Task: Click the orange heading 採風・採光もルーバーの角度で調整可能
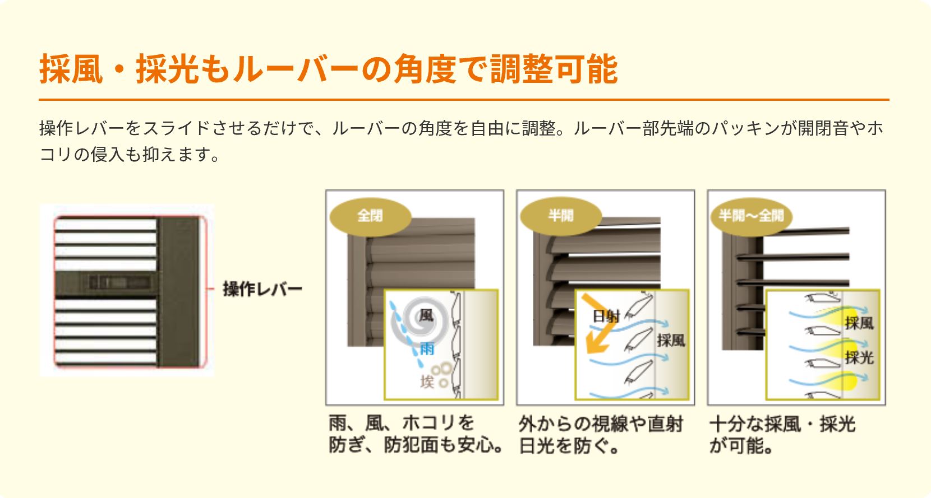pyautogui.click(x=328, y=69)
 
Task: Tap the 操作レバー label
pyautogui.click(x=262, y=289)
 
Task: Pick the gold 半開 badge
pyautogui.click(x=561, y=216)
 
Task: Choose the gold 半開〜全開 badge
pyautogui.click(x=752, y=216)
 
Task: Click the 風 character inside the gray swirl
pyautogui.click(x=426, y=315)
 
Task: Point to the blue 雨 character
pyautogui.click(x=427, y=348)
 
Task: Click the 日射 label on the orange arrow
pyautogui.click(x=606, y=317)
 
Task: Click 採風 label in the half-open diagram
pyautogui.click(x=671, y=341)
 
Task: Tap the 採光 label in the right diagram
pyautogui.click(x=859, y=357)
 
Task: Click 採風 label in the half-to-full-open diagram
pyautogui.click(x=859, y=323)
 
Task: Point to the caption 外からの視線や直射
pyautogui.click(x=601, y=424)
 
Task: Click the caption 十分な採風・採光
pyautogui.click(x=782, y=424)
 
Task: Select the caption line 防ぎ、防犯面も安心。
pyautogui.click(x=416, y=446)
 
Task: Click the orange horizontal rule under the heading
pyautogui.click(x=464, y=100)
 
